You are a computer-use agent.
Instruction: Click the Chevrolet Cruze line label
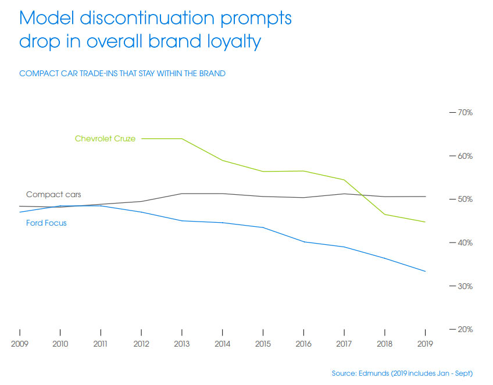click(x=105, y=138)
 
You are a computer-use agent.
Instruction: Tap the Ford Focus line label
click(x=47, y=223)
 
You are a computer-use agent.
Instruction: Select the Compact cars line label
click(x=53, y=194)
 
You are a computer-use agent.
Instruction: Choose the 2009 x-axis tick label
click(x=20, y=344)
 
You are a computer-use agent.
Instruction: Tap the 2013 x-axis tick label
click(x=182, y=344)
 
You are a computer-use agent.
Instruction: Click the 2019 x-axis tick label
click(x=425, y=344)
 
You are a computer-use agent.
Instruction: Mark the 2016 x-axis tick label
click(x=303, y=344)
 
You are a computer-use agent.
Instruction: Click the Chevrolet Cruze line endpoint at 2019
click(x=426, y=222)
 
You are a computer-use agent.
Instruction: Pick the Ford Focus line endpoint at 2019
click(x=426, y=272)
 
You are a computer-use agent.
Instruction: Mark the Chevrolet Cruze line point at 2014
click(x=223, y=161)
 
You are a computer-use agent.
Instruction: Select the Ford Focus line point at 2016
click(x=303, y=241)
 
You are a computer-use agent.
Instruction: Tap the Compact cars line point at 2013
click(x=182, y=193)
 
